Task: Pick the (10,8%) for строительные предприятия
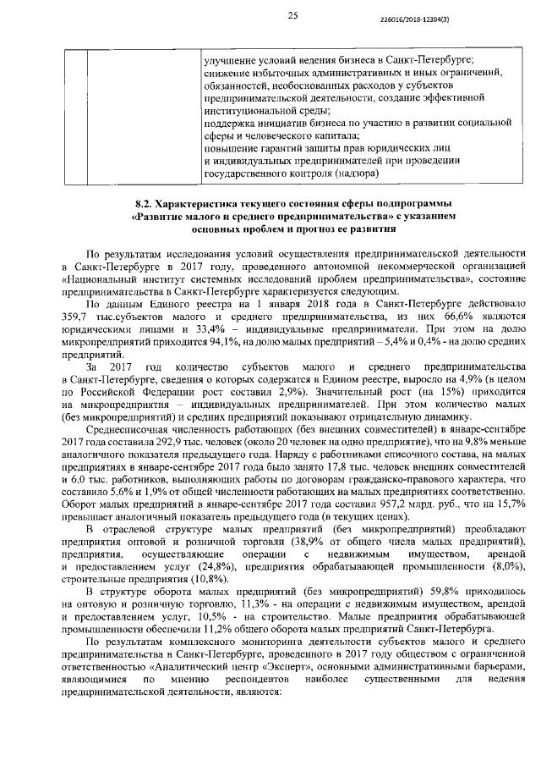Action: click(x=179, y=576)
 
